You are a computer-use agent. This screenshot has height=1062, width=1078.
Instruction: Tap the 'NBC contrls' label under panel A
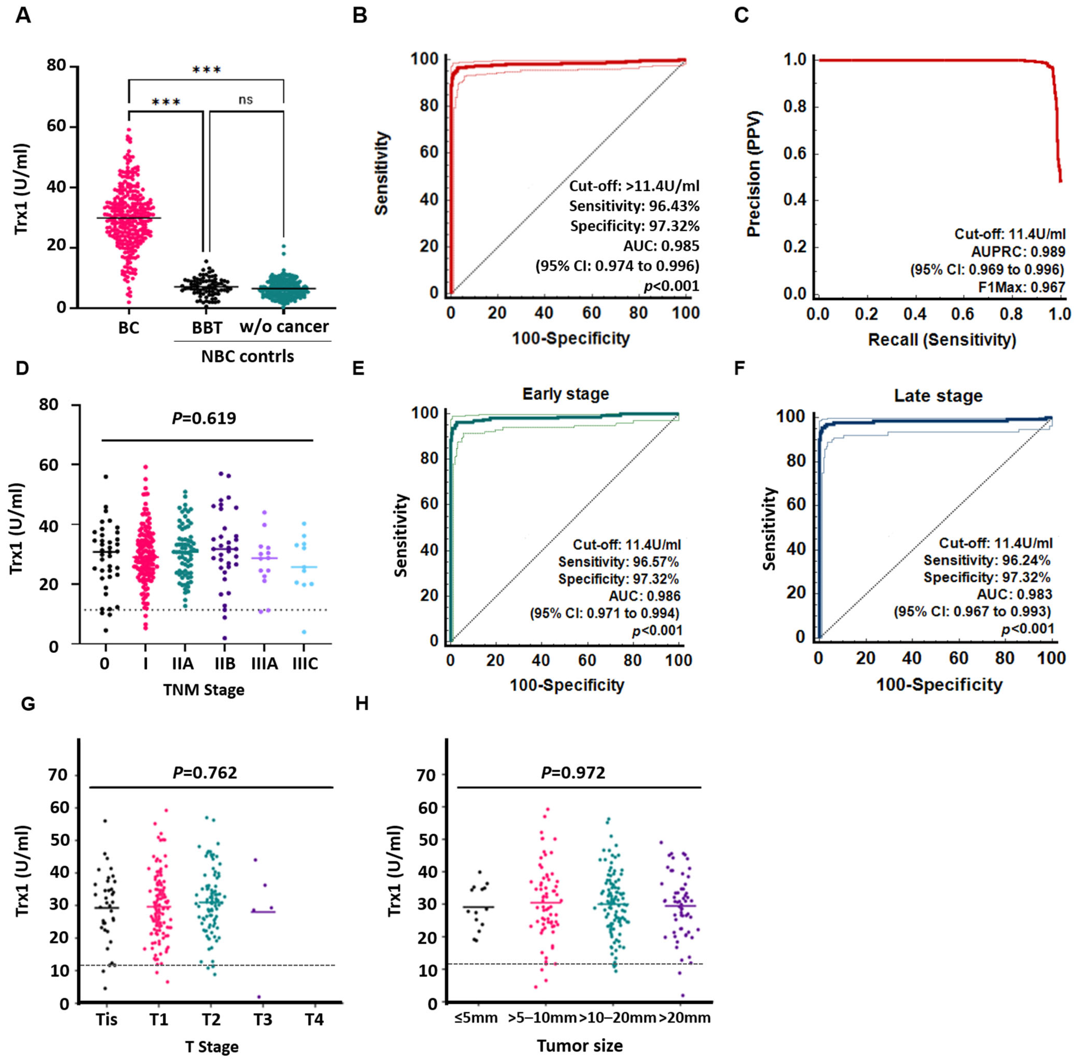(248, 356)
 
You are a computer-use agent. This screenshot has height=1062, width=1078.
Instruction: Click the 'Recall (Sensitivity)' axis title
(942, 340)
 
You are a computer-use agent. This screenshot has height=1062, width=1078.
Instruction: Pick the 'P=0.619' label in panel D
(204, 418)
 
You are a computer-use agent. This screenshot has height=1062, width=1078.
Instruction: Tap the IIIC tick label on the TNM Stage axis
(305, 664)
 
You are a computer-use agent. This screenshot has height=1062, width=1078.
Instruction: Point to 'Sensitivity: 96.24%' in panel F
(987, 560)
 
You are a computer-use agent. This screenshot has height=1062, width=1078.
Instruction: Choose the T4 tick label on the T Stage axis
(314, 1020)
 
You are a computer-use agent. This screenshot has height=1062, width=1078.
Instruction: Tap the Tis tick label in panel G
(107, 1020)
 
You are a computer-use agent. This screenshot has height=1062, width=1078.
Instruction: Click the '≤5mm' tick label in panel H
(476, 1018)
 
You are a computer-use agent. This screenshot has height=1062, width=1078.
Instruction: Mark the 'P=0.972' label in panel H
(573, 773)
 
